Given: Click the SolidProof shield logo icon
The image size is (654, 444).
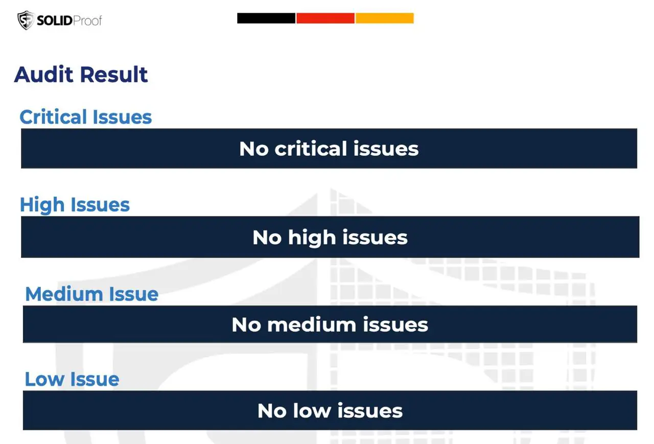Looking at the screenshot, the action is click(26, 20).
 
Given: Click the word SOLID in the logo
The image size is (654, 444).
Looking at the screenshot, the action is click(55, 21).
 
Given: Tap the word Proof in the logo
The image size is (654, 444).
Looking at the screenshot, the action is click(87, 21).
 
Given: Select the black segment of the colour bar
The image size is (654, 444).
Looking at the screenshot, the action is click(266, 18).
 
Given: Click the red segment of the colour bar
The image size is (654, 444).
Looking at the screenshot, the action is click(325, 18).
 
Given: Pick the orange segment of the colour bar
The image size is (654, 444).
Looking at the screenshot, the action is click(385, 18).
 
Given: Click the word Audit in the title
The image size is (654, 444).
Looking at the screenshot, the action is click(43, 75).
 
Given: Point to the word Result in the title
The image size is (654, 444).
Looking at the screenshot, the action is click(114, 75).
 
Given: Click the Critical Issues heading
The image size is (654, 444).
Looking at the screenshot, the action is click(85, 117).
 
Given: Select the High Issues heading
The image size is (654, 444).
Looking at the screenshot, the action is click(75, 205).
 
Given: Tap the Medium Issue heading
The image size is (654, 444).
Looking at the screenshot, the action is click(91, 294).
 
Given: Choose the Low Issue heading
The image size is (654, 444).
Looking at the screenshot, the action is click(72, 379).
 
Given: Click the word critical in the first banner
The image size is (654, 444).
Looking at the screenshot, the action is click(311, 149).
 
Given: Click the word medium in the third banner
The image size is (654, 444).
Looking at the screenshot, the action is click(312, 324).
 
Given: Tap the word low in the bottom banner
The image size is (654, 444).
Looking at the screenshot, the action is click(312, 411).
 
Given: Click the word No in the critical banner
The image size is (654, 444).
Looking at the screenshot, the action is click(254, 149).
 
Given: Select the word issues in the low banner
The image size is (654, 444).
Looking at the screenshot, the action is click(370, 411).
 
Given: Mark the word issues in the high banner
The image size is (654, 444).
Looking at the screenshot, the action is click(375, 237).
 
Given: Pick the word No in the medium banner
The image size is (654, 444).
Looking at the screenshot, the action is click(246, 324).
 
